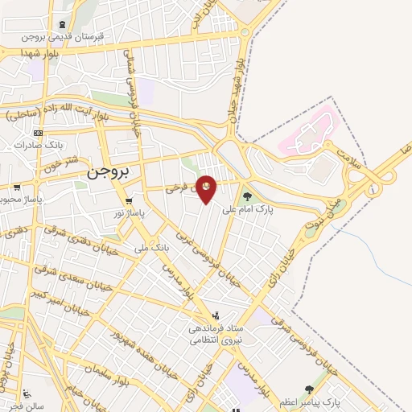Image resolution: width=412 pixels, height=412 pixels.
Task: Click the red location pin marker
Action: [207, 189]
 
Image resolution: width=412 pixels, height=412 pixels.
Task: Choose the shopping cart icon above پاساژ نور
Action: [129, 200]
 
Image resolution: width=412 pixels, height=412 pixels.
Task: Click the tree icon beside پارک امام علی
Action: [247, 195]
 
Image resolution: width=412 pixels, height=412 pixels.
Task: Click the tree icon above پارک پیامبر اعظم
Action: [310, 389]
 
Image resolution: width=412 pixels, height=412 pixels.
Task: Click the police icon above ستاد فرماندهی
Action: [215, 315]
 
